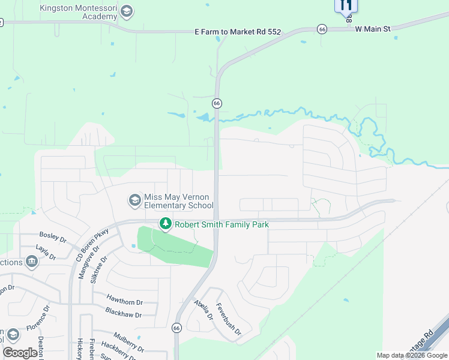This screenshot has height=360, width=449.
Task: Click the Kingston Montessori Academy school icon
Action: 126,11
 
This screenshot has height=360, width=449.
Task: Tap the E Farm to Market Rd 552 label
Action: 238,31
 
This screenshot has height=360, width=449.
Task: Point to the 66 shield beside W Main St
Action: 322,29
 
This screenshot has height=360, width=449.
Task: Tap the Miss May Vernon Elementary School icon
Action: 134,200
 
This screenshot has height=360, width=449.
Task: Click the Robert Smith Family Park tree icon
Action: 166,224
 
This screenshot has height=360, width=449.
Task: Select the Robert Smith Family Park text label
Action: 221,224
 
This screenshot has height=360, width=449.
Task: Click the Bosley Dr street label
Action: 53,238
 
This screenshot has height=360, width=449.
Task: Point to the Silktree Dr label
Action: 98,270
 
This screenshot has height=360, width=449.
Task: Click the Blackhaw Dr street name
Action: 123,314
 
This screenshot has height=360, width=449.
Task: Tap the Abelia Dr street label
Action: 203,310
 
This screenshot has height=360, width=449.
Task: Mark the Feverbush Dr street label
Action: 228,319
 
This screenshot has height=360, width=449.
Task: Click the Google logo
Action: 20,353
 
